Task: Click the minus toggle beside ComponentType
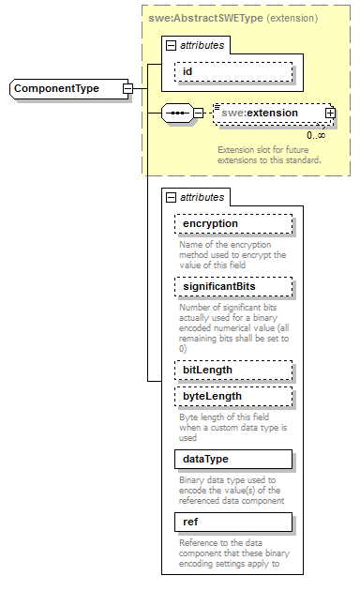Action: pos(127,89)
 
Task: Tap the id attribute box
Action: pos(232,71)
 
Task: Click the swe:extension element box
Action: pos(271,114)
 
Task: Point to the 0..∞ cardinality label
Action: pos(316,135)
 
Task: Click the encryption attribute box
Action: pos(233,223)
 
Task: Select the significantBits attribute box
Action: pos(233,285)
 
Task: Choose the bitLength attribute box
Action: pos(233,370)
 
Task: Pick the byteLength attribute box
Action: pos(233,396)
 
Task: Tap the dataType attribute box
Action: pos(233,459)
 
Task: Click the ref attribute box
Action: pos(233,521)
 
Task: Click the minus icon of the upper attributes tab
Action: pos(171,45)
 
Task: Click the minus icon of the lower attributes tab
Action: pos(171,197)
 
